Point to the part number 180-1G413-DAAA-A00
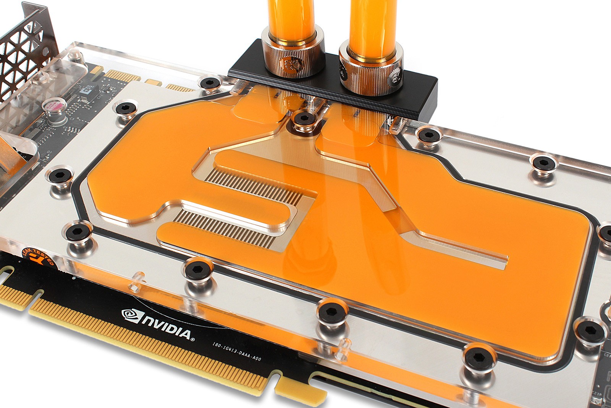click(x=237, y=351)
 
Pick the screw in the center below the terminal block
click(x=304, y=118)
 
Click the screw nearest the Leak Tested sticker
click(x=78, y=231)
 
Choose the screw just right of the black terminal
click(x=429, y=135)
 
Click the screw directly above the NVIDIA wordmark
click(x=198, y=270)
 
